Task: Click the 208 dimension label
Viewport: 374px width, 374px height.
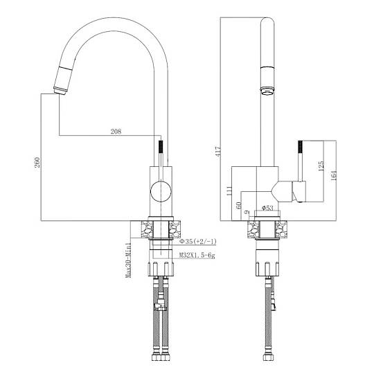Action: click(x=116, y=131)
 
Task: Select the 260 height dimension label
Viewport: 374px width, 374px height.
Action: click(x=37, y=162)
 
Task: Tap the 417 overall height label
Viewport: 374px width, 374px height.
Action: click(x=218, y=151)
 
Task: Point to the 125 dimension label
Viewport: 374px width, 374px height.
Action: click(x=321, y=166)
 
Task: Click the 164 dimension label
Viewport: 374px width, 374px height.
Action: click(x=333, y=175)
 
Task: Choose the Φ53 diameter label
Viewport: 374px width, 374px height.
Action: click(x=267, y=208)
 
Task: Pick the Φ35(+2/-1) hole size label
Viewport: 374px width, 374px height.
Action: click(x=197, y=242)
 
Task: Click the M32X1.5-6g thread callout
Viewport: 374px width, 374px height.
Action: click(x=197, y=256)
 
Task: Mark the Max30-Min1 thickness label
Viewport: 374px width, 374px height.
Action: click(x=128, y=260)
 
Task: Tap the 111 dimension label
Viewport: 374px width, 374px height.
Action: click(x=229, y=191)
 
